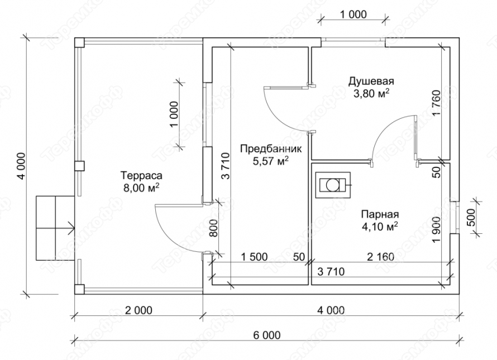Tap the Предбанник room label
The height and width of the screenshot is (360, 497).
pos(271,148)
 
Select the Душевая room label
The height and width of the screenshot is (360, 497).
pos(371,81)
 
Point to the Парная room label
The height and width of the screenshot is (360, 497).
pos(380,214)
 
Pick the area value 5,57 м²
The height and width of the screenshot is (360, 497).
pos(270,161)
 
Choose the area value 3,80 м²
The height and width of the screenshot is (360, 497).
pos(371,94)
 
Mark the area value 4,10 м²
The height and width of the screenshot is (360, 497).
pos(380,227)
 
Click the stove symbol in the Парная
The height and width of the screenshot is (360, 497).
pos(333,185)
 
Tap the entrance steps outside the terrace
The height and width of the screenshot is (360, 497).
pos(55,228)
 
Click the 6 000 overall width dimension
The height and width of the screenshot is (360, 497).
pos(267,335)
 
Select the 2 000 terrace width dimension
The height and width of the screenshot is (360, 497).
pos(138,310)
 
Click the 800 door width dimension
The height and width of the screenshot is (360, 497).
pos(214,228)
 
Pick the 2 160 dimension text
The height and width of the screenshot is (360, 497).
pos(381,257)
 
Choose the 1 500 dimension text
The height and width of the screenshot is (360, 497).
pos(254,257)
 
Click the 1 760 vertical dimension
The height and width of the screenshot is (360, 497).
pos(437,104)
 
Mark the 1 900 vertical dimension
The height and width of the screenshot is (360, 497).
pos(437,231)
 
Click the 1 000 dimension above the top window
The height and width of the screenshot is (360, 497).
pos(353,15)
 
